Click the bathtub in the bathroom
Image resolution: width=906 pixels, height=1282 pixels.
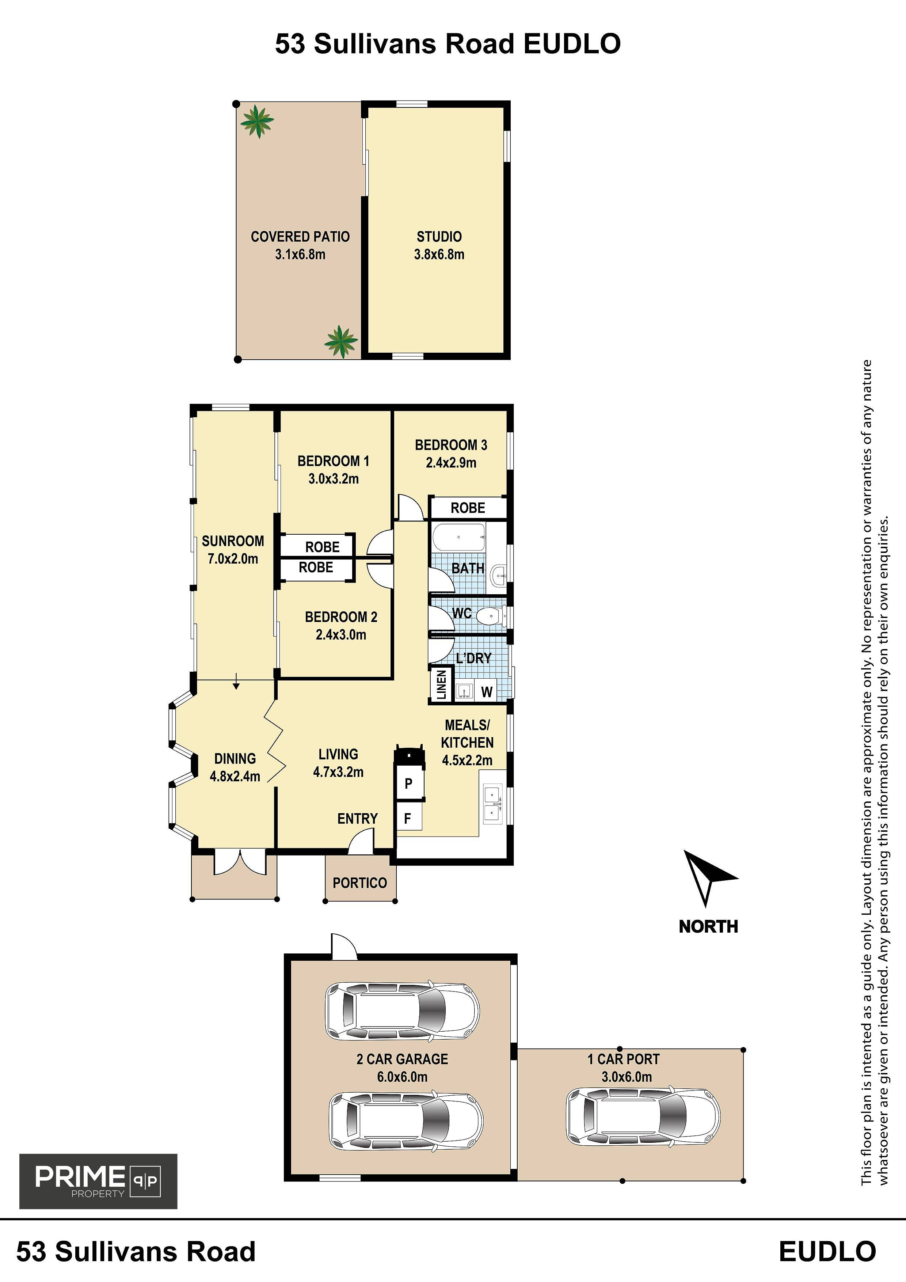pos(459,537)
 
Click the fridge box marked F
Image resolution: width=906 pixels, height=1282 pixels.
pos(409,819)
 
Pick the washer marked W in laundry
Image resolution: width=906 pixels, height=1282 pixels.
pos(487,692)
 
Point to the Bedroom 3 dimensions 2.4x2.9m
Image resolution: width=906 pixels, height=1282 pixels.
pos(451,462)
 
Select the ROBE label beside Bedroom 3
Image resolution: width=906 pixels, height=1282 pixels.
pos(468,508)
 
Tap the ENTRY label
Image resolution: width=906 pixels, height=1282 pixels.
pos(357,819)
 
